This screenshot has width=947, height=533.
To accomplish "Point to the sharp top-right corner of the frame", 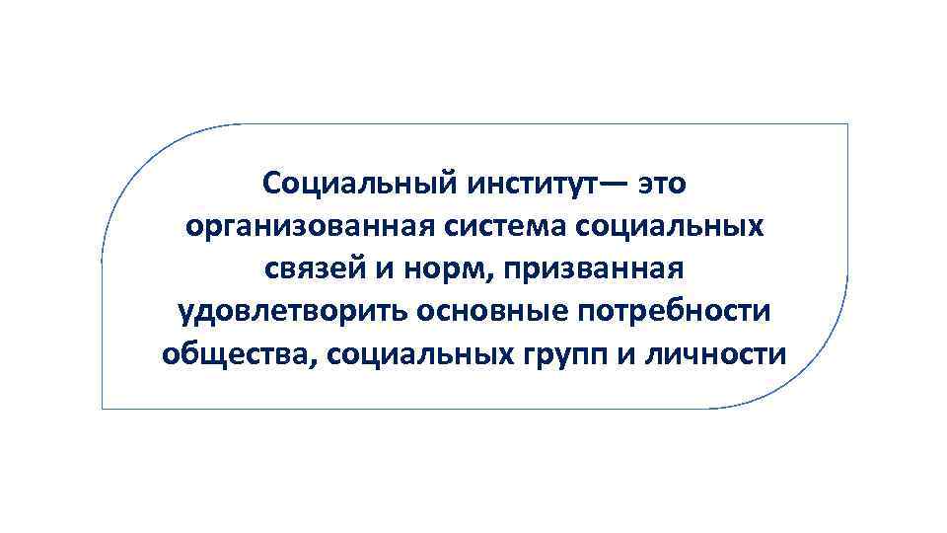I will point(847,124).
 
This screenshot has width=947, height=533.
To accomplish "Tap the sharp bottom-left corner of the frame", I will point(103,408).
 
